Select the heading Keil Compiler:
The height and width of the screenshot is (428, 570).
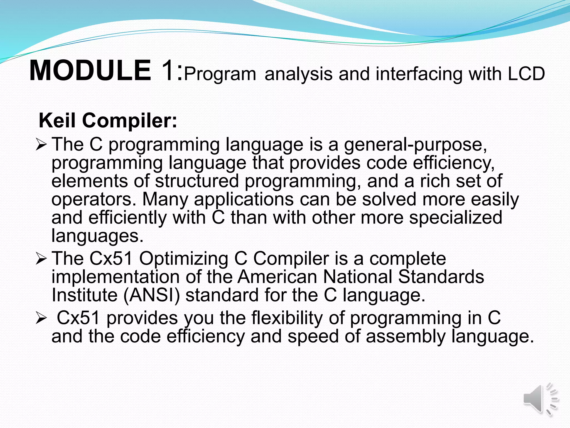pos(108,121)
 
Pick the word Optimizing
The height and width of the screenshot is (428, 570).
pos(183,259)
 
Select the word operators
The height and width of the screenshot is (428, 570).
pos(94,200)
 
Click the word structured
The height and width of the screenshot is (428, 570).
pos(197,181)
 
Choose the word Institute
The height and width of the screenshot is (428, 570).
pos(85,295)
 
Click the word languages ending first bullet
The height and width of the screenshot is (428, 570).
pos(97,236)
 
